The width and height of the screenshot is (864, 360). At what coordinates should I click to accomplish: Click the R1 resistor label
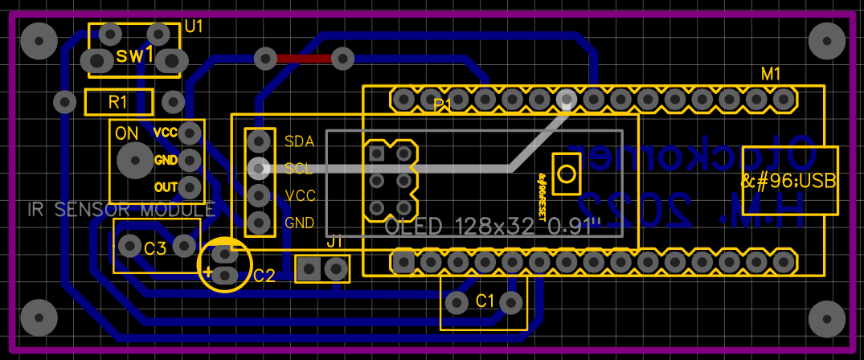(x=118, y=102)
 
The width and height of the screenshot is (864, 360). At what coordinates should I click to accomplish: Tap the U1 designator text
(x=194, y=27)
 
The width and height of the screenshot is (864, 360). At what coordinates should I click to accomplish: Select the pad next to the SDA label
(x=258, y=141)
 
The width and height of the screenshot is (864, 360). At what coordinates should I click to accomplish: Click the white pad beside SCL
(x=258, y=168)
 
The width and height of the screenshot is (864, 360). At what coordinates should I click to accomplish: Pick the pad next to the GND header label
(x=258, y=222)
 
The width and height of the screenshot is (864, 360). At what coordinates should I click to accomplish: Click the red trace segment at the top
(x=304, y=58)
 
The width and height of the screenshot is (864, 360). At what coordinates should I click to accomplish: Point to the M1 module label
(x=771, y=74)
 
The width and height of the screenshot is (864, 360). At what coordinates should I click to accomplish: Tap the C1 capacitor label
(x=485, y=301)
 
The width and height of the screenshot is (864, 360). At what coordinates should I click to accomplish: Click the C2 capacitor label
(x=264, y=276)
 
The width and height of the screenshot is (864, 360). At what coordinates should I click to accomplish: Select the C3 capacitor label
(x=155, y=248)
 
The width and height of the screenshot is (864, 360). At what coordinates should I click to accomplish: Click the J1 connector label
(x=335, y=240)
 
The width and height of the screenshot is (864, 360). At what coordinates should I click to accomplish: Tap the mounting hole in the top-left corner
(x=39, y=40)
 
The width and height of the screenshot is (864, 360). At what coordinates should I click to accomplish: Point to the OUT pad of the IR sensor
(x=190, y=187)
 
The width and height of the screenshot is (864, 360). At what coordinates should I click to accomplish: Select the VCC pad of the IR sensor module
(x=190, y=132)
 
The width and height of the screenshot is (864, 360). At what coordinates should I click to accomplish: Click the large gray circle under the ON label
(x=133, y=161)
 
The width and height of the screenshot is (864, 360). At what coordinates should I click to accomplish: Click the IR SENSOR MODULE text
(x=121, y=211)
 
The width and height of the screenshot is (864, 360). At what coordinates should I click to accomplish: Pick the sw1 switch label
(x=134, y=55)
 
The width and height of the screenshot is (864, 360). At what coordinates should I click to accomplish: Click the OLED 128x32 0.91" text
(x=493, y=227)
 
